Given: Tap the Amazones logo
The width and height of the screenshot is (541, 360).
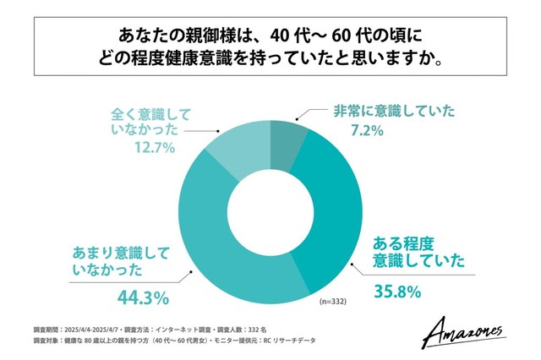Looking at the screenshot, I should [463, 328].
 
